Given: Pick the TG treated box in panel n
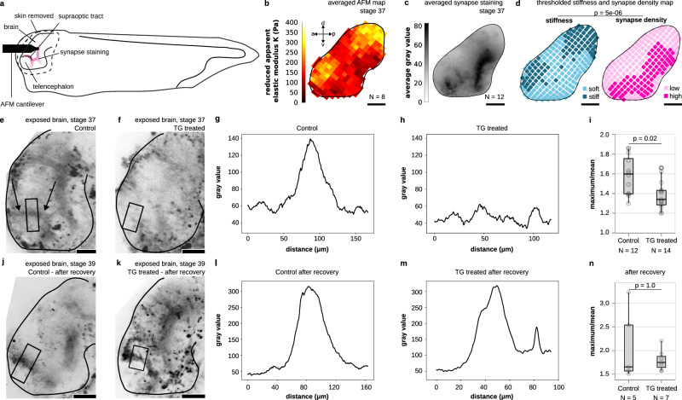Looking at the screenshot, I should (x=636, y=362).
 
